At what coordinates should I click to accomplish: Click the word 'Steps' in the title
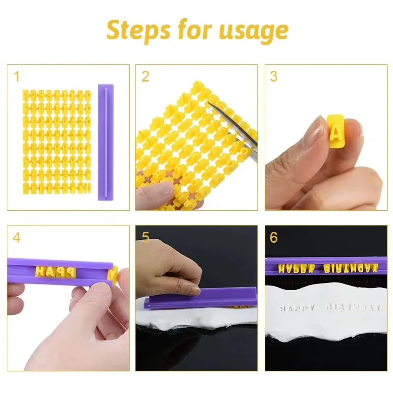click(138, 30)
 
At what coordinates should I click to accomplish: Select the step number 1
click(17, 77)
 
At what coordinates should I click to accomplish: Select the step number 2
click(145, 77)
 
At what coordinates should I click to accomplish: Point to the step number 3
click(274, 77)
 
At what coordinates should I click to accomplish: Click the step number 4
click(17, 238)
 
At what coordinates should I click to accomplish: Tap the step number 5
click(145, 238)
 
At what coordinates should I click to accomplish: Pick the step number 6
click(274, 238)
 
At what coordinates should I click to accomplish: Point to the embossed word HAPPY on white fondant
click(297, 308)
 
